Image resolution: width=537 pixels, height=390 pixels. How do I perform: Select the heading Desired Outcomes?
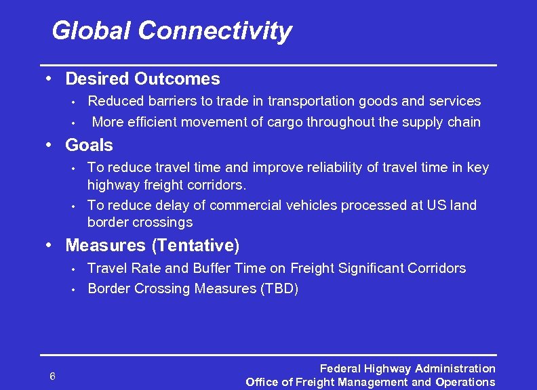(142, 79)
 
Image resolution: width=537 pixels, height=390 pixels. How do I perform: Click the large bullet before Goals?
(49, 144)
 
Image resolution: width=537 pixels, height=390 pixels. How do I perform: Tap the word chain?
(464, 123)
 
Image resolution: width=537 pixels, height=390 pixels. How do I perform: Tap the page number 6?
(52, 376)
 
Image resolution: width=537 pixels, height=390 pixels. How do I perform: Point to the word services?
(452, 102)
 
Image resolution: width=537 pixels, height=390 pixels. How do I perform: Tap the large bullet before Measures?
(49, 244)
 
